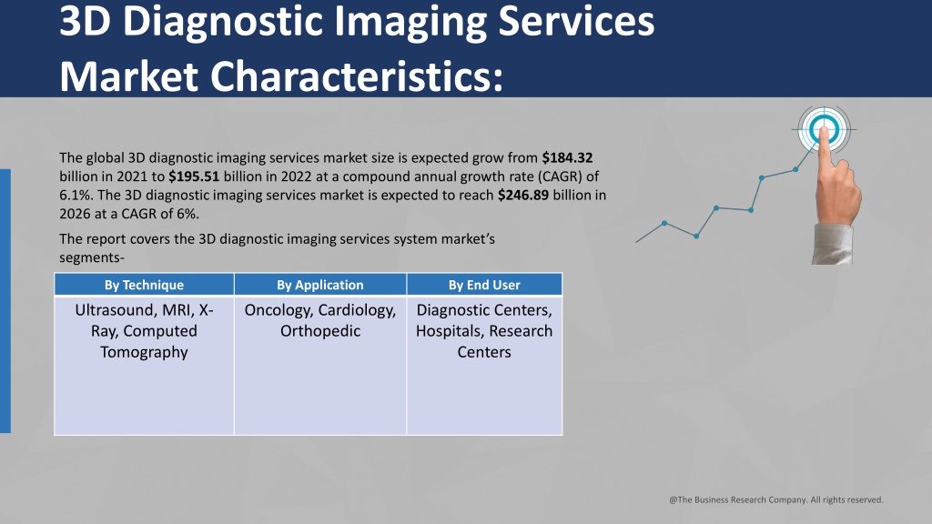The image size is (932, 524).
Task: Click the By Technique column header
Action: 144,285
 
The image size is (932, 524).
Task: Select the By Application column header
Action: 320,285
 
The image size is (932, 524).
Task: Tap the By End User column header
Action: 484,285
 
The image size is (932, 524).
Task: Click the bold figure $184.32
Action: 567,158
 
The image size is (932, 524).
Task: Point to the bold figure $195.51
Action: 194,176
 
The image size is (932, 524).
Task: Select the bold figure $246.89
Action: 523,195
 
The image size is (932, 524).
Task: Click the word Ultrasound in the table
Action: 111,310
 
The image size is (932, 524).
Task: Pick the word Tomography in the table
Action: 144,352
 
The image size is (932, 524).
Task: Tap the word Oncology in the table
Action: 279,311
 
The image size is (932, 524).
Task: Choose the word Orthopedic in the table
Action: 320,331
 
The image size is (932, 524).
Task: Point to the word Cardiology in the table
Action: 357,311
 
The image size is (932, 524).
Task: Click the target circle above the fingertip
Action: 824,129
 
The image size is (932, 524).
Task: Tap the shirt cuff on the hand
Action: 832,244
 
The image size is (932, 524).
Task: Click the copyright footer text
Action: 776,499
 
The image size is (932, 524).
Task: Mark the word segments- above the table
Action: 92,257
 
